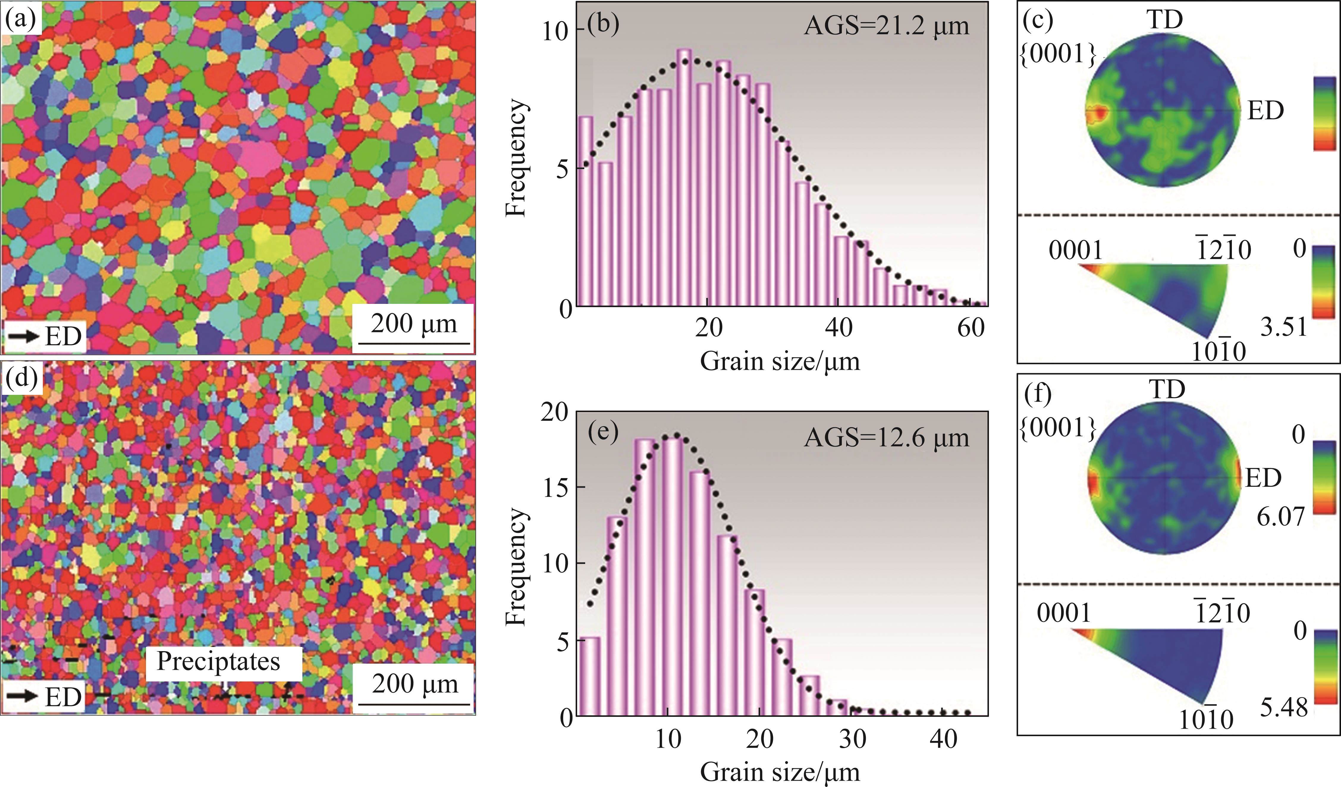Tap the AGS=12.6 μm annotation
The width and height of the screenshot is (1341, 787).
click(886, 438)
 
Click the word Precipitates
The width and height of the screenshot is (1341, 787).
click(218, 662)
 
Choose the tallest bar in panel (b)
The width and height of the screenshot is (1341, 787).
click(684, 177)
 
